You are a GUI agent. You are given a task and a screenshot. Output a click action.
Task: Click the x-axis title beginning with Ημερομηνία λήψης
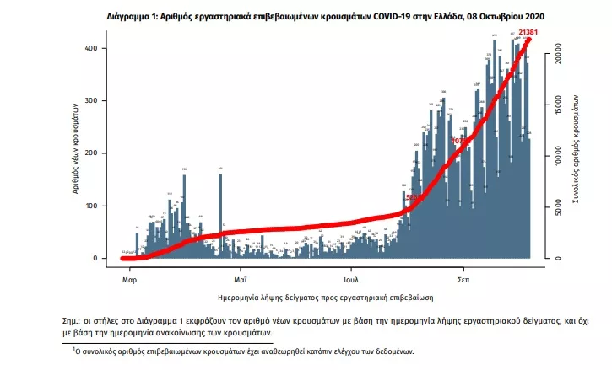[x=325, y=298]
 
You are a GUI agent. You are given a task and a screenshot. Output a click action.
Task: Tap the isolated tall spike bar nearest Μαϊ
[x=220, y=214]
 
